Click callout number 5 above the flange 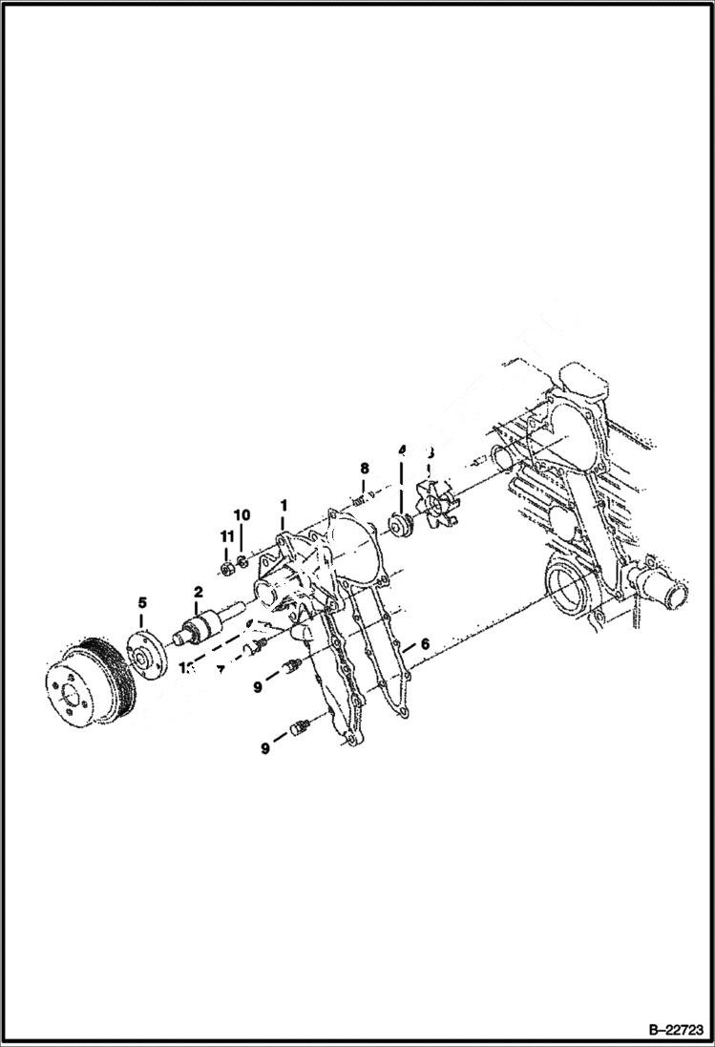142,602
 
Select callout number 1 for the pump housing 283,503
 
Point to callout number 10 242,515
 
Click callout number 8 364,468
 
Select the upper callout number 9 257,684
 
